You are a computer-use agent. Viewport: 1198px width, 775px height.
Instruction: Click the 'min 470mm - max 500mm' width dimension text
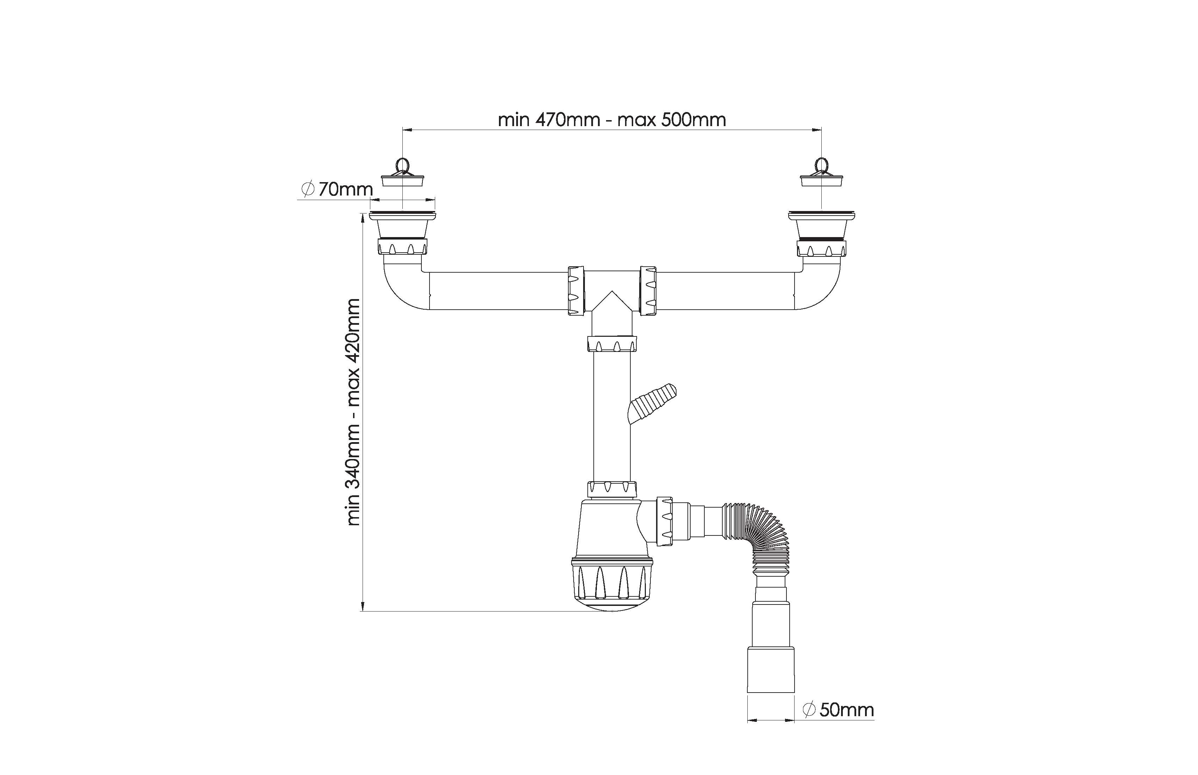click(612, 120)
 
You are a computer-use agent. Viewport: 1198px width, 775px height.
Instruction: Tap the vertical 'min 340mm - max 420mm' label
click(353, 412)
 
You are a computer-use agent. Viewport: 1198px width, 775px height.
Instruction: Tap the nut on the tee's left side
click(576, 291)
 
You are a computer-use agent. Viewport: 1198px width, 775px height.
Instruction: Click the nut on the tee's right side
click(648, 291)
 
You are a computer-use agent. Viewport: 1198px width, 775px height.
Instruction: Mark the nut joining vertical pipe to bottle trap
click(612, 489)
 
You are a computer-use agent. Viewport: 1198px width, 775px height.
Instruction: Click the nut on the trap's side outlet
click(665, 521)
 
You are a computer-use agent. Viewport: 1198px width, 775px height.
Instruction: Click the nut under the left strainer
click(402, 247)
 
